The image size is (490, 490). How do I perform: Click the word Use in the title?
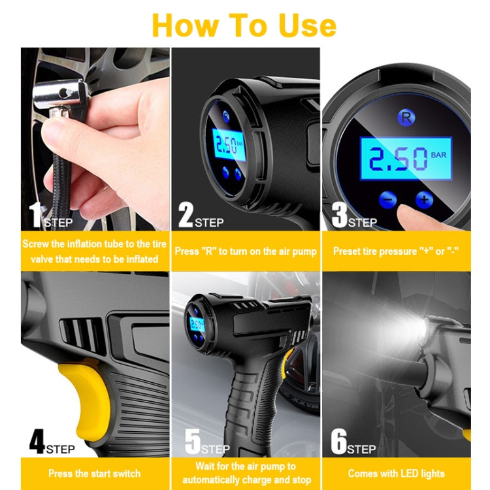click(x=300, y=25)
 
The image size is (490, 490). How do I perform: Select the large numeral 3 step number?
click(x=338, y=216)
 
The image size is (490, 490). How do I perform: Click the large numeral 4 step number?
click(x=37, y=442)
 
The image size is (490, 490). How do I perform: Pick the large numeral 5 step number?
click(x=191, y=442)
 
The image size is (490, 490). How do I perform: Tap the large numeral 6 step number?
click(x=338, y=442)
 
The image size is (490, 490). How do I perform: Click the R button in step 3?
click(x=405, y=118)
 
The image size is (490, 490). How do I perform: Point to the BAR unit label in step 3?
click(x=439, y=156)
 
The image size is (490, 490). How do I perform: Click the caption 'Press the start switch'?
click(x=95, y=473)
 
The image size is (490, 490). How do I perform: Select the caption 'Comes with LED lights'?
click(x=396, y=473)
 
